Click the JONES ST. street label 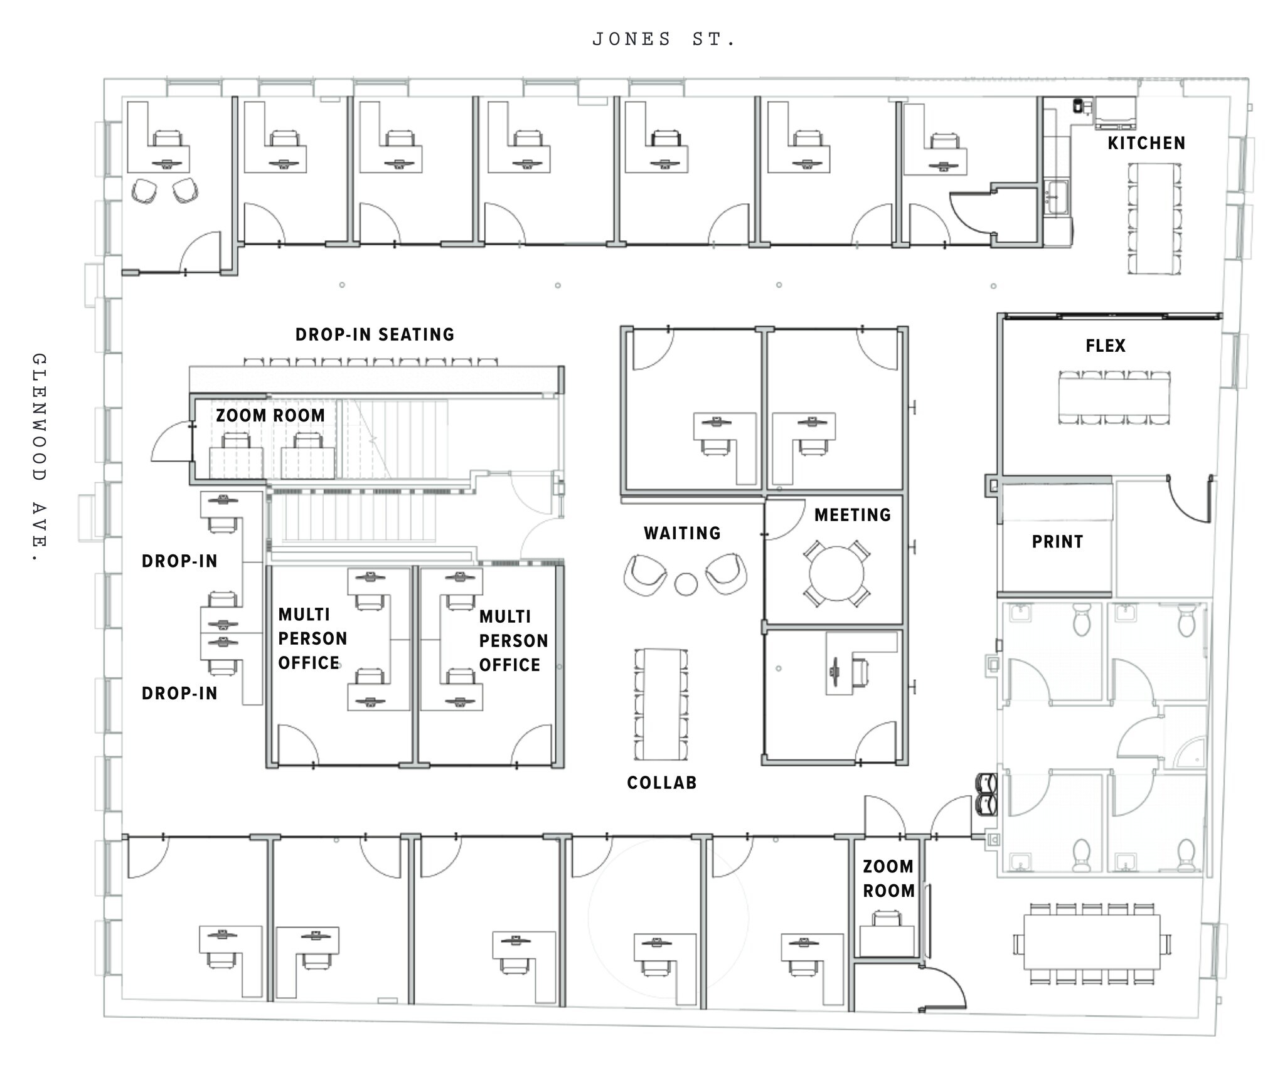point(663,40)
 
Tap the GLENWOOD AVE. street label point(39,458)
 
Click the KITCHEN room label point(1146,144)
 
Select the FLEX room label point(1106,346)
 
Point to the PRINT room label point(1057,542)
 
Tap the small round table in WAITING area point(686,584)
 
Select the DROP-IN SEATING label point(375,334)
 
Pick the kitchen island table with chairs point(1154,218)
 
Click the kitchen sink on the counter point(1057,196)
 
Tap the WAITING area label point(682,533)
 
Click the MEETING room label point(853,515)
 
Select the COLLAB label point(662,783)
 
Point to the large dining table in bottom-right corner point(1092,942)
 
